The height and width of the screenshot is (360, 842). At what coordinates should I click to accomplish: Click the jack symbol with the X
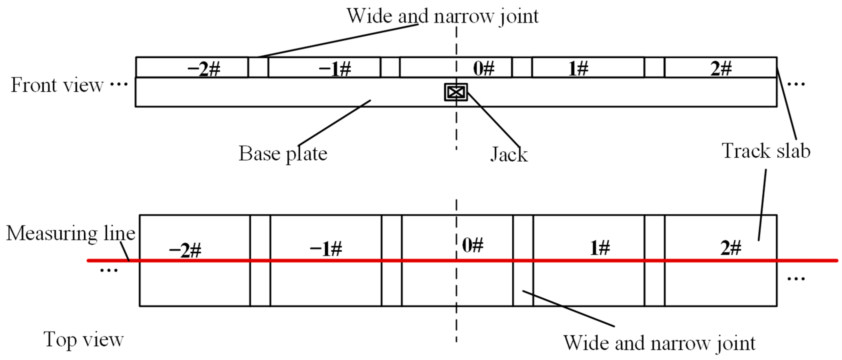coord(456,92)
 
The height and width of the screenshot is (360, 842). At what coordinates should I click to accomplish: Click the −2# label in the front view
coord(204,69)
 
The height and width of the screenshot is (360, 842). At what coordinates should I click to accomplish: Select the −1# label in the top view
coord(326,249)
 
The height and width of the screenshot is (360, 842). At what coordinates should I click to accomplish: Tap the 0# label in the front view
coord(484,69)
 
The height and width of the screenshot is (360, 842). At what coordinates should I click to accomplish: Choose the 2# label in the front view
coord(721,69)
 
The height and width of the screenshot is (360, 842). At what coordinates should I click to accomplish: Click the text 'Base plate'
coord(283,154)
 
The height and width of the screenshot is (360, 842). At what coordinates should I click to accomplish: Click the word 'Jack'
coord(509,155)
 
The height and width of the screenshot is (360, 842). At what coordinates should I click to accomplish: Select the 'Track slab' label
coord(766,151)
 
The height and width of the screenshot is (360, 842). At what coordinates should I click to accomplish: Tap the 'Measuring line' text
coord(71,234)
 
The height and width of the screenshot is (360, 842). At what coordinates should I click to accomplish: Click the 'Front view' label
coord(57,85)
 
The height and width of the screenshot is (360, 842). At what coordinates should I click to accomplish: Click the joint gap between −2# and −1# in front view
coord(258,67)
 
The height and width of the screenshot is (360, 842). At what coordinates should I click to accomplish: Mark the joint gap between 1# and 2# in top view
coord(655,281)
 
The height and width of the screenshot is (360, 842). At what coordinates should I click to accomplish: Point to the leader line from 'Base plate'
coord(334,123)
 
